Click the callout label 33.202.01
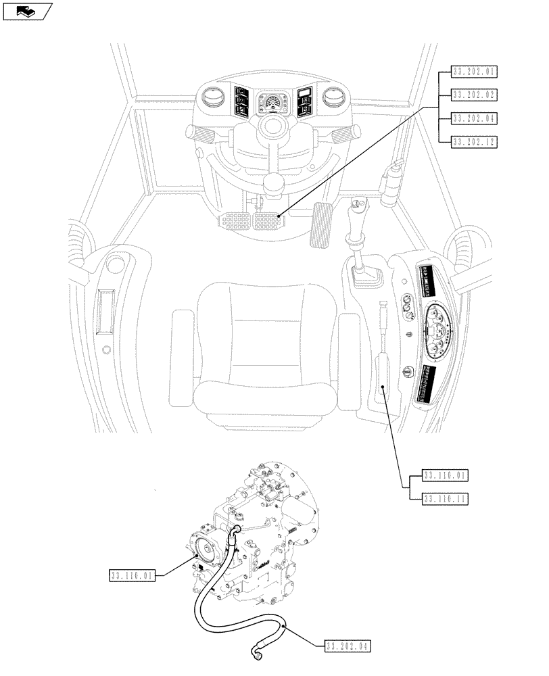[473, 70]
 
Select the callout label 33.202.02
[473, 94]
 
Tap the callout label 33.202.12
[473, 141]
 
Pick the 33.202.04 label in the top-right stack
[473, 118]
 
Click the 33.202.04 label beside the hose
[348, 647]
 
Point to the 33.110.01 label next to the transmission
[132, 576]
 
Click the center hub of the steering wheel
[273, 125]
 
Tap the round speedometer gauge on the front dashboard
[273, 103]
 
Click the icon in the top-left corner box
[28, 11]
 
